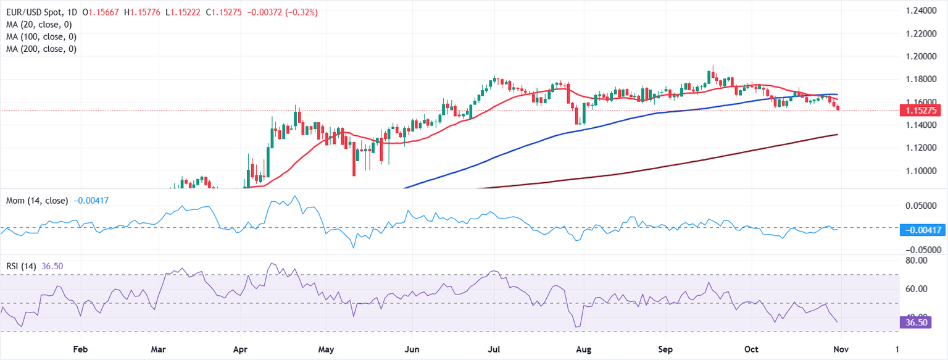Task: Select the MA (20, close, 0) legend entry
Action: coord(39,25)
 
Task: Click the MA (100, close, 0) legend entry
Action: coord(41,36)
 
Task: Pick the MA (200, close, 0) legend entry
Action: coord(41,49)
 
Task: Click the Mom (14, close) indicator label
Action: coord(37,201)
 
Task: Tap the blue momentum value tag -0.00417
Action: coord(920,230)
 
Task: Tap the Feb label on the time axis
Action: coord(80,349)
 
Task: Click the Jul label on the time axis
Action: coord(495,349)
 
